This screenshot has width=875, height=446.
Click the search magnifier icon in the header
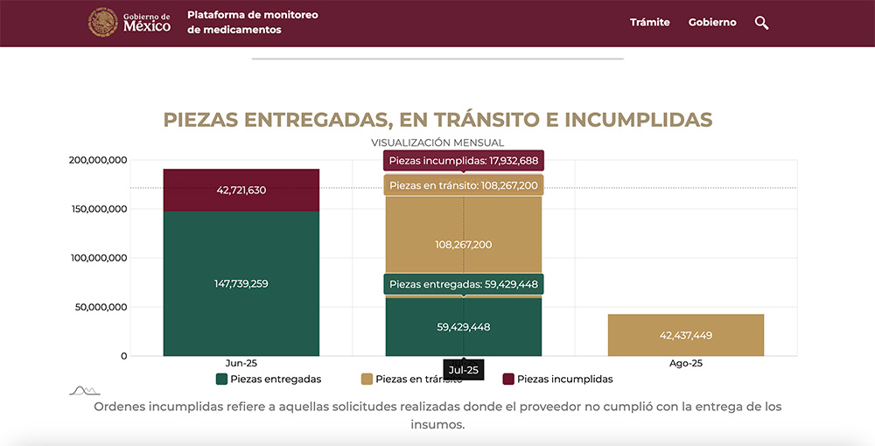(761, 23)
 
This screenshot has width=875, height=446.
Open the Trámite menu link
(649, 23)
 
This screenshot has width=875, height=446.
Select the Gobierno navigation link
(712, 23)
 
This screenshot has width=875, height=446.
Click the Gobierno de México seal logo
(103, 23)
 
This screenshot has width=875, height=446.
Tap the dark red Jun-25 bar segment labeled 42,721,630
(241, 190)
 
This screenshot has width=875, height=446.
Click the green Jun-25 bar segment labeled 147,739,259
(241, 283)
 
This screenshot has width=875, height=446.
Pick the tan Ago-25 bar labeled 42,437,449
(686, 335)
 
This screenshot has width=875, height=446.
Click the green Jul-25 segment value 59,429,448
(463, 327)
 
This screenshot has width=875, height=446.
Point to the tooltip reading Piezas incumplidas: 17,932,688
(464, 161)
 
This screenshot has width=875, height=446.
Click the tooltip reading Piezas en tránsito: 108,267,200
(464, 185)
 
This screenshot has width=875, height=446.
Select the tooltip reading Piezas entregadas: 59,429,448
(464, 284)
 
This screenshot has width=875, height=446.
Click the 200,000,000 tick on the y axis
(97, 160)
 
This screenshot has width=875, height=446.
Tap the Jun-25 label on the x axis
(241, 363)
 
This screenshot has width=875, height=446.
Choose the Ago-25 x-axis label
(686, 363)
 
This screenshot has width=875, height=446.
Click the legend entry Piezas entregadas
(269, 380)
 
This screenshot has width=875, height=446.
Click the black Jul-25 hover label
(463, 371)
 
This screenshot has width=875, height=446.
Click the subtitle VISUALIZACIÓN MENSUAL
(437, 143)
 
